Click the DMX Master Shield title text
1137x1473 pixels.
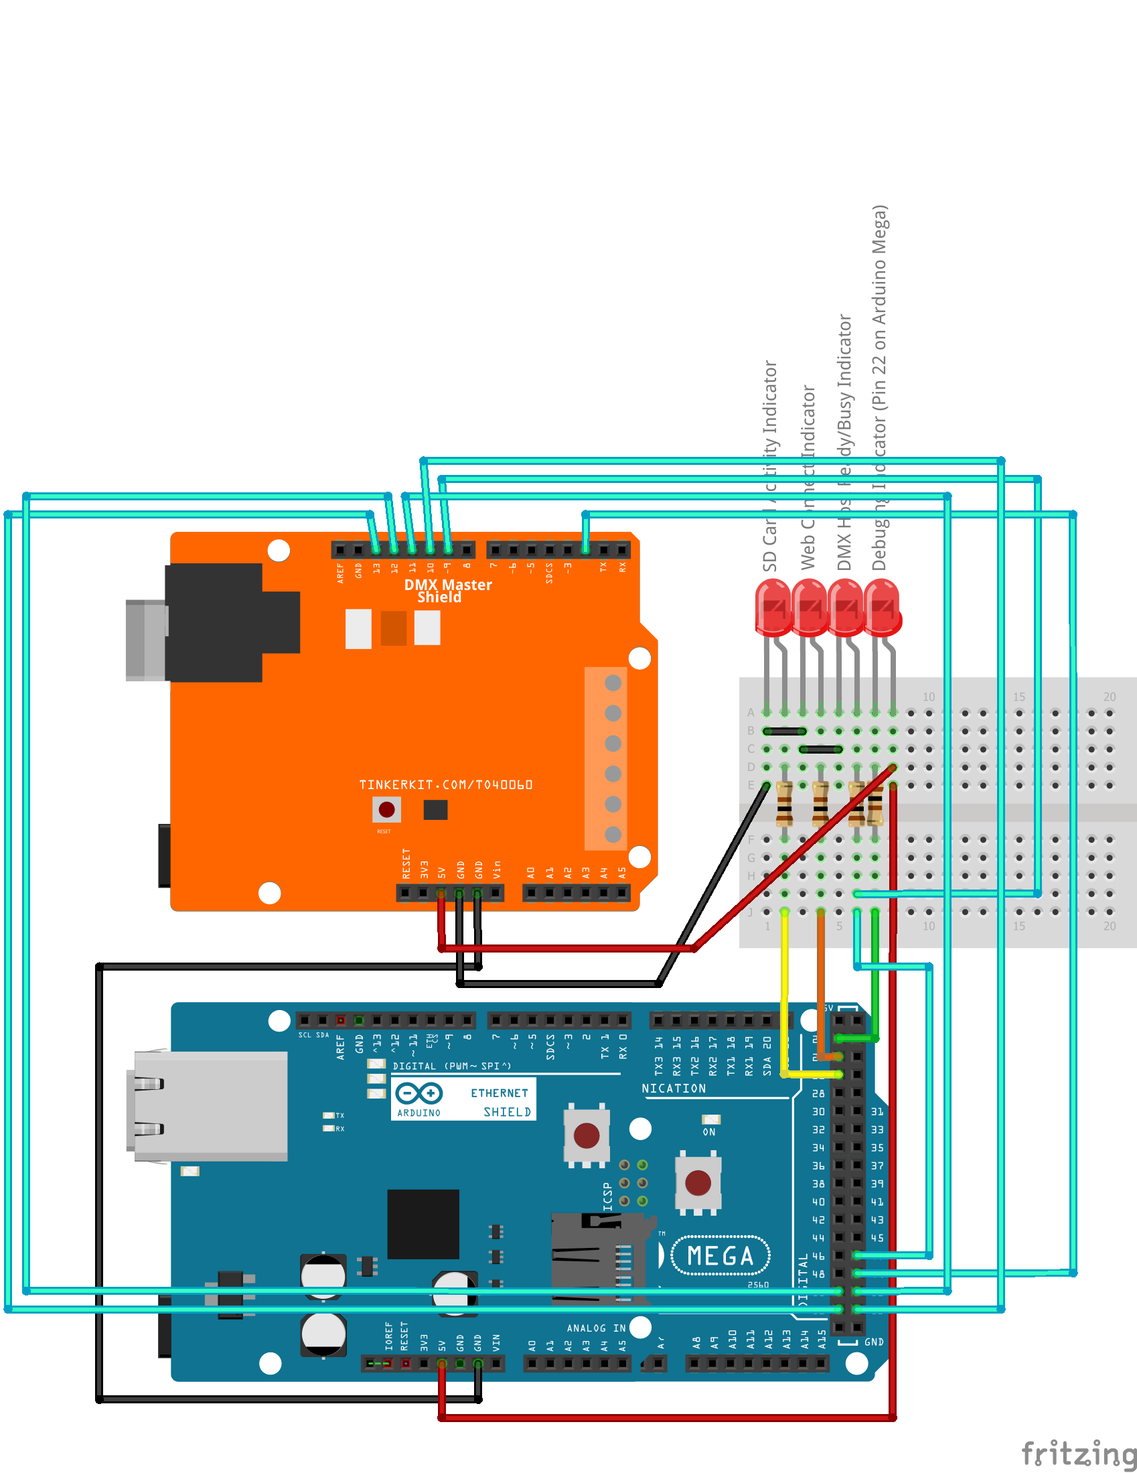(447, 590)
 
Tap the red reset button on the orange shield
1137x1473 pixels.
(386, 809)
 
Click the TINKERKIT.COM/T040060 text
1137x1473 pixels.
(446, 784)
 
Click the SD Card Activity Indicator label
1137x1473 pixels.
(770, 466)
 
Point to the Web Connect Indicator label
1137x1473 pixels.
(808, 478)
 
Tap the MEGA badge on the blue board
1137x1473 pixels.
(721, 1256)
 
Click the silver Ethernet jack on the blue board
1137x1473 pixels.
(209, 1106)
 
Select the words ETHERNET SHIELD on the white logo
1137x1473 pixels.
(500, 1102)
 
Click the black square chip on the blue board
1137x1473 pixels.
(423, 1224)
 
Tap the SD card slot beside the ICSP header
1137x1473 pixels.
(593, 1258)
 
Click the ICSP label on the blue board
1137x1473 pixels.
(607, 1196)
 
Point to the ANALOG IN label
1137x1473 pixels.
(596, 1328)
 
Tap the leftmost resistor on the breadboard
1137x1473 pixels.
(784, 804)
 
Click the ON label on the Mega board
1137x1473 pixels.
(708, 1132)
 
